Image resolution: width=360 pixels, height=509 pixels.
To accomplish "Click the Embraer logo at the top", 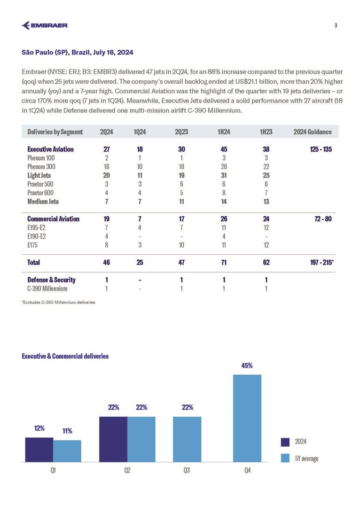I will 45,25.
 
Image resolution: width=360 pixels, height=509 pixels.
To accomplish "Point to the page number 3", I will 336,25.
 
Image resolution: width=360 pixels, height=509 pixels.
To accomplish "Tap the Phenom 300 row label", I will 41,166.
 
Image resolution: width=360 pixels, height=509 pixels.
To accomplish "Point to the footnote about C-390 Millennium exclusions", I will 59,302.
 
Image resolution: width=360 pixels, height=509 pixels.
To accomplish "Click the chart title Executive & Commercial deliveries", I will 65,356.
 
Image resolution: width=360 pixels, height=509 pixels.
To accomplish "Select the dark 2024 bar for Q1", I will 39,450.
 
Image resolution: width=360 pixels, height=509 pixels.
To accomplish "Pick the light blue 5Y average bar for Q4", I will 247,418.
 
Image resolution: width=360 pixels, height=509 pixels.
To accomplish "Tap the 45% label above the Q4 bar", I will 247,365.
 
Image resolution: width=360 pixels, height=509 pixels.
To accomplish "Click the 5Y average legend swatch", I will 285,458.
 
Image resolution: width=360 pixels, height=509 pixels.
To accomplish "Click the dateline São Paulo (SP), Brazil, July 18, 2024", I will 78,52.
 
